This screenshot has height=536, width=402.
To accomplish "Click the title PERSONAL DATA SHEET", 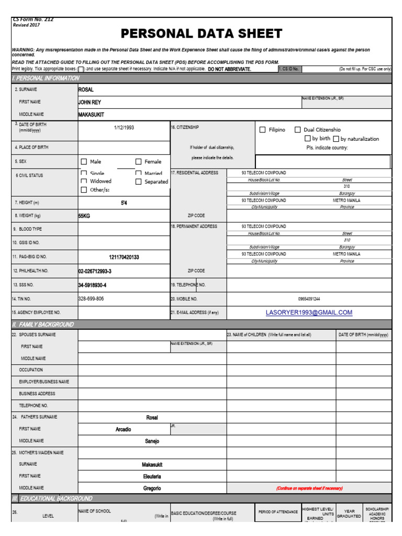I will click(202, 35).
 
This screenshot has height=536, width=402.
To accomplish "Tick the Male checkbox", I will click(84, 162).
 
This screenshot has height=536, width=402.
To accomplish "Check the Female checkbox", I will click(139, 162).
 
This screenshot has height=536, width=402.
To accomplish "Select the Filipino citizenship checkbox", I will click(263, 130).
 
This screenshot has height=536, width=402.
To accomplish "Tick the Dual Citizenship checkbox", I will click(297, 130).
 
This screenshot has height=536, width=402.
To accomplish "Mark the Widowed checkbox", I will click(84, 181).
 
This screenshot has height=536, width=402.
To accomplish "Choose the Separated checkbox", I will click(139, 182).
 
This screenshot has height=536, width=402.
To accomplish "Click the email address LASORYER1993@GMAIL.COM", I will click(309, 312).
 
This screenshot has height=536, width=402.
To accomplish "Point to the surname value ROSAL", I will click(86, 90).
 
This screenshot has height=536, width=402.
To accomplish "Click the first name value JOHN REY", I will click(90, 102).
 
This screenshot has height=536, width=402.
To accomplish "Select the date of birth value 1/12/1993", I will click(124, 128).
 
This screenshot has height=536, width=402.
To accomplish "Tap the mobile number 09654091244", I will click(309, 299).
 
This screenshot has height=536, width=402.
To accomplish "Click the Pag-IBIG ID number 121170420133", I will click(124, 257).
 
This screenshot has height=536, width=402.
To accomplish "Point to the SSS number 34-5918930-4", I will click(92, 285).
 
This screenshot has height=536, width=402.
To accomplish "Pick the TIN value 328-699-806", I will click(91, 298).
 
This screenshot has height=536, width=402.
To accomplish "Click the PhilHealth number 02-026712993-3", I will click(95, 271).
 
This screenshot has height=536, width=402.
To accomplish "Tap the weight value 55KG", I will click(84, 216).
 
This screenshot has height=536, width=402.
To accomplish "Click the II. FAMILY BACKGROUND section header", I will click(43, 325).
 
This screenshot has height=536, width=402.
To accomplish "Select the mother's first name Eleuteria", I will click(152, 476).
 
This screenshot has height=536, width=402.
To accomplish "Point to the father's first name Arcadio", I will click(124, 429).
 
